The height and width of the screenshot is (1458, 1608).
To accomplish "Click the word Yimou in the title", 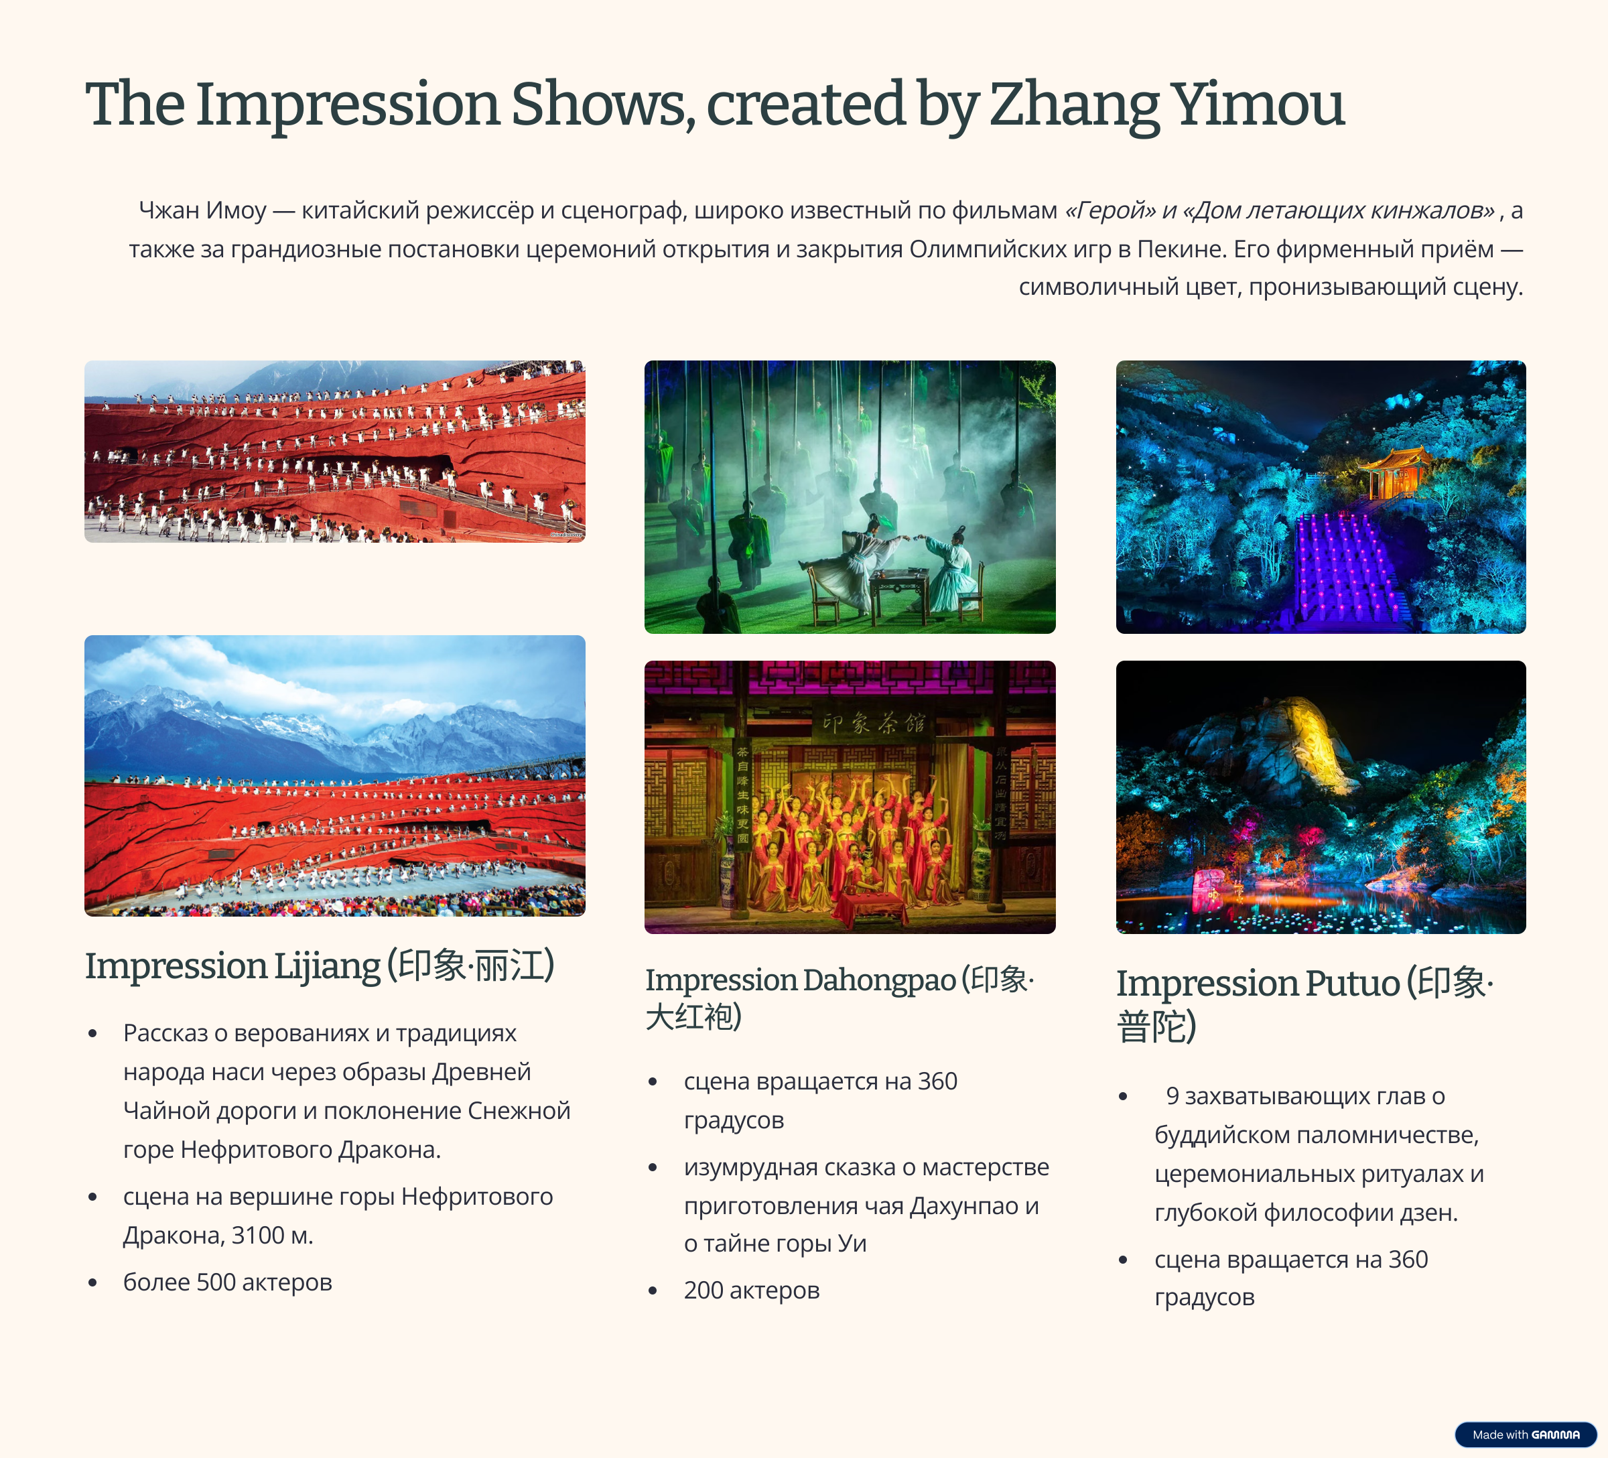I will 1259,105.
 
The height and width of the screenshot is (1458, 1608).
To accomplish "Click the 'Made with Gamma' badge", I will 1525,1434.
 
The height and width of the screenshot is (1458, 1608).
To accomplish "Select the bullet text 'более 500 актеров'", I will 227,1282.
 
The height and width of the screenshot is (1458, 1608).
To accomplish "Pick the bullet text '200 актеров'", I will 751,1290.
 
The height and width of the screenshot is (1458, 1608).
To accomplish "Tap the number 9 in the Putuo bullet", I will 1172,1096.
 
